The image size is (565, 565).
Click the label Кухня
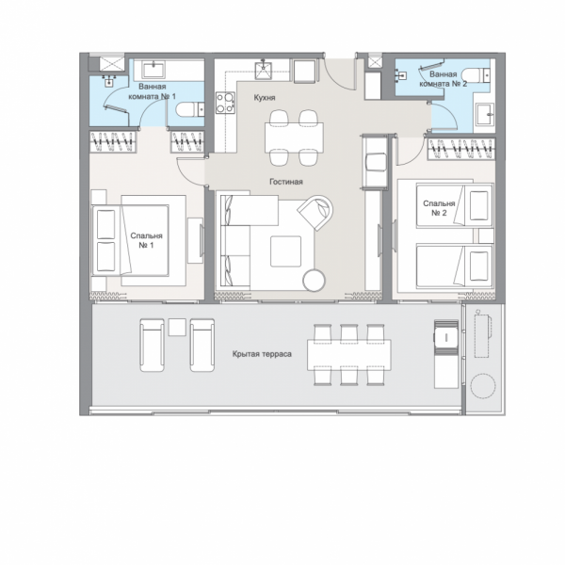265,98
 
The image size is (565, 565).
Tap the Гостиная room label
286,182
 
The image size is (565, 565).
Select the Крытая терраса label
262,354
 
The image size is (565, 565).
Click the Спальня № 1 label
146,240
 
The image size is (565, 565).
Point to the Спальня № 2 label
439,208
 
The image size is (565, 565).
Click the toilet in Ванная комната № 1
190,109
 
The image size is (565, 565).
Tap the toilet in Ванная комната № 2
476,75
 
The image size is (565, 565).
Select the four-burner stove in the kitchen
226,103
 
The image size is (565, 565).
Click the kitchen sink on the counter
264,71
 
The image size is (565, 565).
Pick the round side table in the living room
314,280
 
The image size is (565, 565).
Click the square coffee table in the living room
285,251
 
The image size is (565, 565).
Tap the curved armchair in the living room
316,212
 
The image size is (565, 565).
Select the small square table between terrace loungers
177,327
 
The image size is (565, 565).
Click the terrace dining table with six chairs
349,355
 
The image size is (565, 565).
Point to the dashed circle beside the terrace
483,385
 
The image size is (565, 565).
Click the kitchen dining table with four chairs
294,138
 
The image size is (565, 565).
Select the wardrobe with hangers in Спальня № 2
460,149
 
